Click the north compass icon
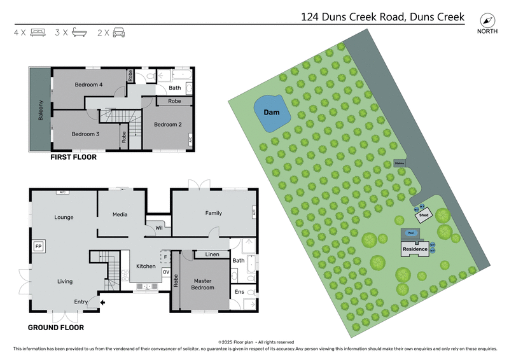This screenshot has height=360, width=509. click(487, 19)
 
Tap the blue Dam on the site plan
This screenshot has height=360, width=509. click(273, 113)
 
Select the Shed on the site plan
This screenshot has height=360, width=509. click(424, 215)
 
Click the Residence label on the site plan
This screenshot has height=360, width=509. click(414, 249)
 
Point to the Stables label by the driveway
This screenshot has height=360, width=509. click(400, 163)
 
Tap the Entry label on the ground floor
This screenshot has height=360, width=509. click(81, 301)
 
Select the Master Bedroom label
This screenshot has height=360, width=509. click(204, 284)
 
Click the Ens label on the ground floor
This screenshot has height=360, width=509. click(240, 292)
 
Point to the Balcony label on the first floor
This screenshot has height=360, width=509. click(41, 111)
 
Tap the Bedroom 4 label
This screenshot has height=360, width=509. click(88, 85)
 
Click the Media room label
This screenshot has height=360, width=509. click(120, 214)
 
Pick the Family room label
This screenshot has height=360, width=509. click(213, 213)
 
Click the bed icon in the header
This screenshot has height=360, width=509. click(38, 32)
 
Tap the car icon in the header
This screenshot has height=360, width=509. click(118, 32)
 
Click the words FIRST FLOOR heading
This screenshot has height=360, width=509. click(74, 156)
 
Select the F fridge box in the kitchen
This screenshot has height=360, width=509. click(165, 257)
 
